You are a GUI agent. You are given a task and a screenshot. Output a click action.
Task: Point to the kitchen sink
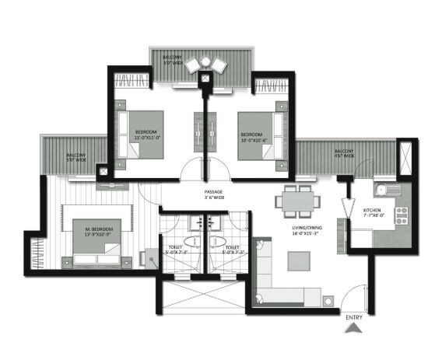tap(384, 189)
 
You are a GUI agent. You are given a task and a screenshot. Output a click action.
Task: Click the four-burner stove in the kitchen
tap(402, 215)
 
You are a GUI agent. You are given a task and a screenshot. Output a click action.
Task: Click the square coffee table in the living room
tap(297, 261)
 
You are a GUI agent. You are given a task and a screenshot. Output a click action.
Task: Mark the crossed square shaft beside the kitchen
tap(405, 159)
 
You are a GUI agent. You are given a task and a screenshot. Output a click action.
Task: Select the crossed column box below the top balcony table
tap(205, 78)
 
